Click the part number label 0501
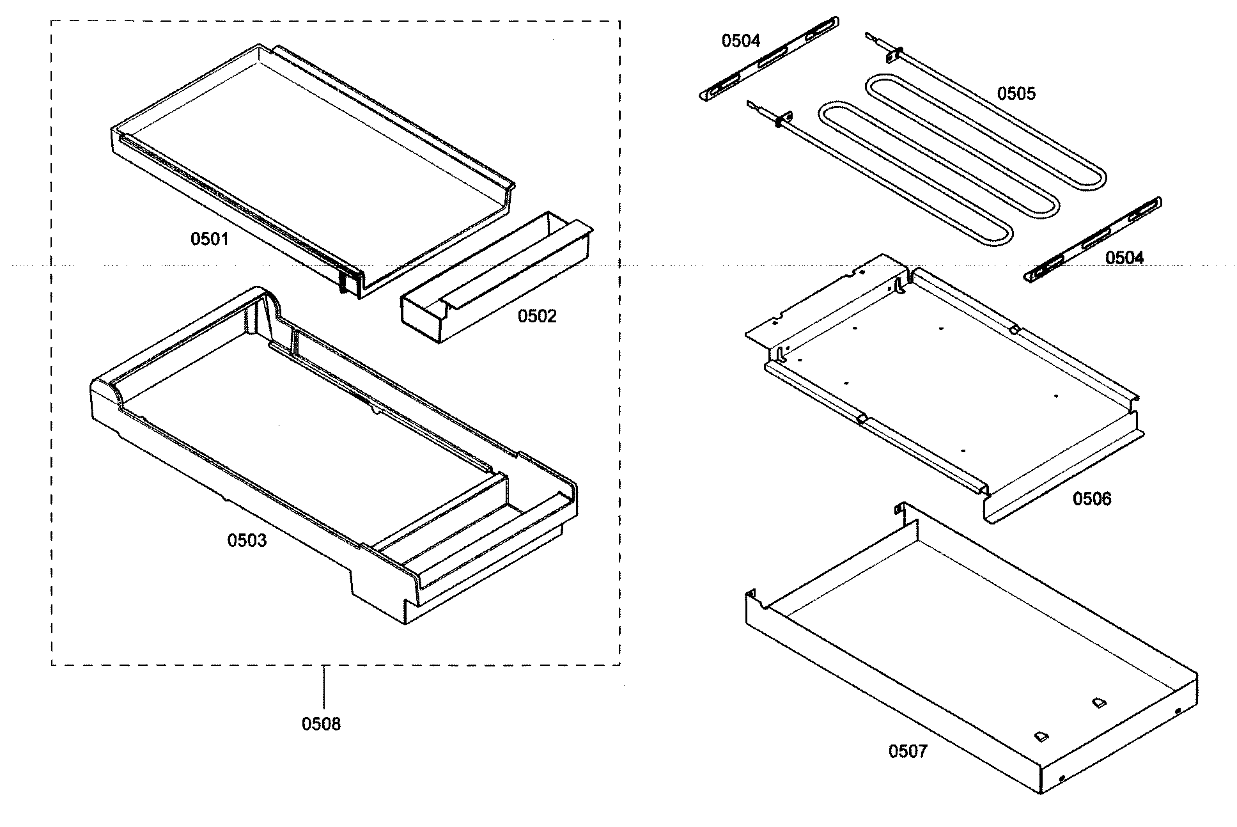point(209,239)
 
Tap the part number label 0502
point(536,316)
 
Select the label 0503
point(247,541)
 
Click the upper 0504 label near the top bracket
point(740,41)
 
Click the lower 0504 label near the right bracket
point(1124,258)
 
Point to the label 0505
point(1016,93)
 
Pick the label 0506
point(1091,499)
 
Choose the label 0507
point(907,751)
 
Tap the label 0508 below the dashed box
point(321,724)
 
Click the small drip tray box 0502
point(492,281)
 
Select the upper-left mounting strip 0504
point(767,59)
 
